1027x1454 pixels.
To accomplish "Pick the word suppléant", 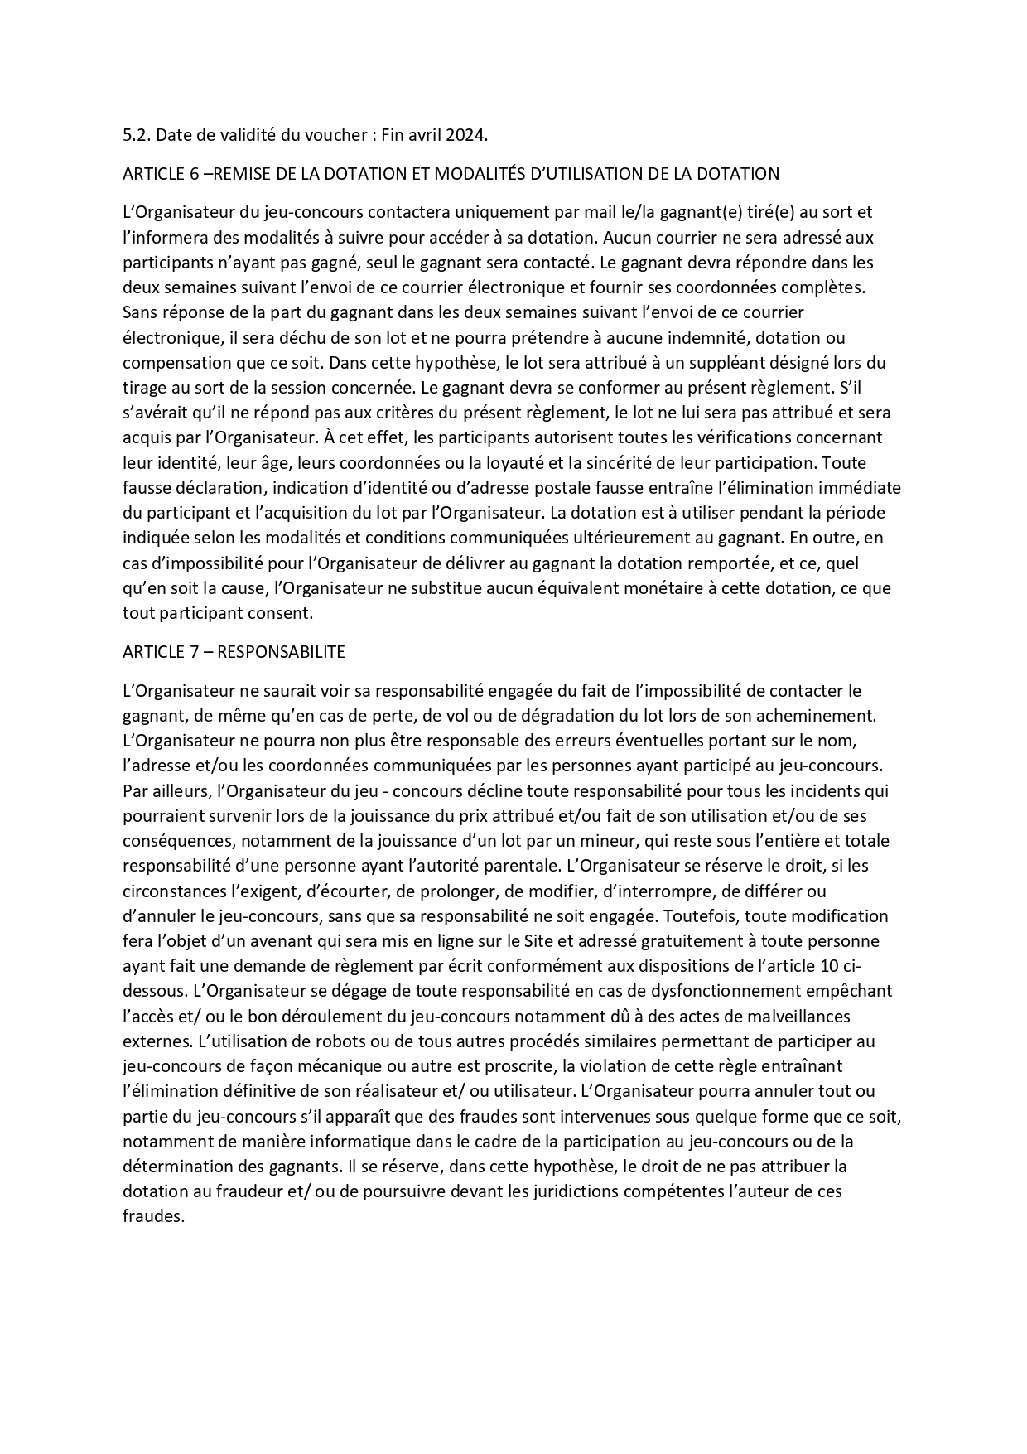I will click(x=758, y=363).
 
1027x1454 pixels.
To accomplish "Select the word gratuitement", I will click(x=668, y=942).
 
